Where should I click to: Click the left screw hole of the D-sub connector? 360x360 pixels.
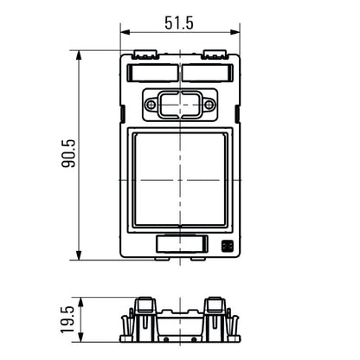pos(152,105)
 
